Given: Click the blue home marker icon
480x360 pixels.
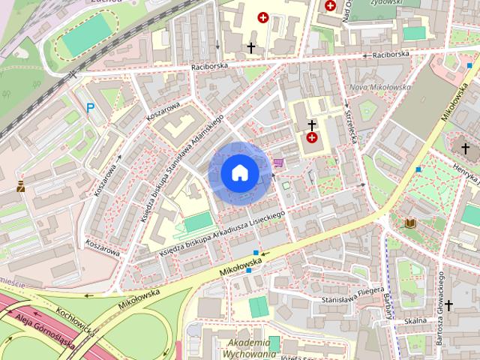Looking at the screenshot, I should click(239, 173).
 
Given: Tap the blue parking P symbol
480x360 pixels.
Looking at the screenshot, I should click(91, 108).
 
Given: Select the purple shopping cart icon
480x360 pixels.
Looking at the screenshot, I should click(279, 162).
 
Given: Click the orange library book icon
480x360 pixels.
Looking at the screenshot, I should click(410, 223).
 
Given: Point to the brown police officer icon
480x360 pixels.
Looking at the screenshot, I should click(21, 185).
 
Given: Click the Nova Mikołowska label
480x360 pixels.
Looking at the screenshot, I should click(379, 87).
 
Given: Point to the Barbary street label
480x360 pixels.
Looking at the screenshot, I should click(388, 304).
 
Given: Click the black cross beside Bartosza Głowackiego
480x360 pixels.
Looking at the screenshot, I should click(448, 305).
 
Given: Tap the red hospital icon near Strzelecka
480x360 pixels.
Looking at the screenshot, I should click(311, 138).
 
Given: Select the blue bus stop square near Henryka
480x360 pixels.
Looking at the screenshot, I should click(418, 169).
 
